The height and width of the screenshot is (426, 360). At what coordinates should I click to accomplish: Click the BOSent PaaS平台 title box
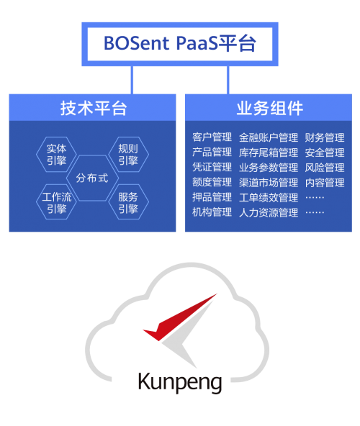180,44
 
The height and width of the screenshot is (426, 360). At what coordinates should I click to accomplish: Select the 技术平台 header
92,108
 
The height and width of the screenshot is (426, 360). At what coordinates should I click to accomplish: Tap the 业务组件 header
269,108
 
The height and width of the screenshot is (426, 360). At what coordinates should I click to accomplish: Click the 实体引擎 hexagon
56,154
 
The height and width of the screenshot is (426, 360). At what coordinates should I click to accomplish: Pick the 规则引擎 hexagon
128,154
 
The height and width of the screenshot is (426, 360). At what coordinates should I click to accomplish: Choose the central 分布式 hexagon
92,178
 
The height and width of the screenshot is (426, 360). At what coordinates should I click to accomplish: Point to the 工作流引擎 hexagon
56,202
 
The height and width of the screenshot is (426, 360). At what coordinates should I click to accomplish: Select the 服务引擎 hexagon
128,202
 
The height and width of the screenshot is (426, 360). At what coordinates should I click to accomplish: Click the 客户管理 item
212,137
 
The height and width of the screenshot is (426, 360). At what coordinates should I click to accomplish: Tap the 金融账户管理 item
269,137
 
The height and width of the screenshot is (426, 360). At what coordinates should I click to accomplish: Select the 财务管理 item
325,137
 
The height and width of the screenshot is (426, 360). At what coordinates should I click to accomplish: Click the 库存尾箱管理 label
269,153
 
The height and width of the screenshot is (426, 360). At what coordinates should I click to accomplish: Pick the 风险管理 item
325,168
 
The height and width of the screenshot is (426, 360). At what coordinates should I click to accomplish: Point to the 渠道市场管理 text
269,182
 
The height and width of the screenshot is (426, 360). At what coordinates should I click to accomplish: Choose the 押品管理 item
212,197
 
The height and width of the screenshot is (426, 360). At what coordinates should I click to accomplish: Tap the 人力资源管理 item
269,212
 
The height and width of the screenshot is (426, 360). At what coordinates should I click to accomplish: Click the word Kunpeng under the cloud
180,382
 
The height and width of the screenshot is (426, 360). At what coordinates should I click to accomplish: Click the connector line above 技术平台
132,80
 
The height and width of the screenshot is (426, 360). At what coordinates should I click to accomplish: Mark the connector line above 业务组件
228,80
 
